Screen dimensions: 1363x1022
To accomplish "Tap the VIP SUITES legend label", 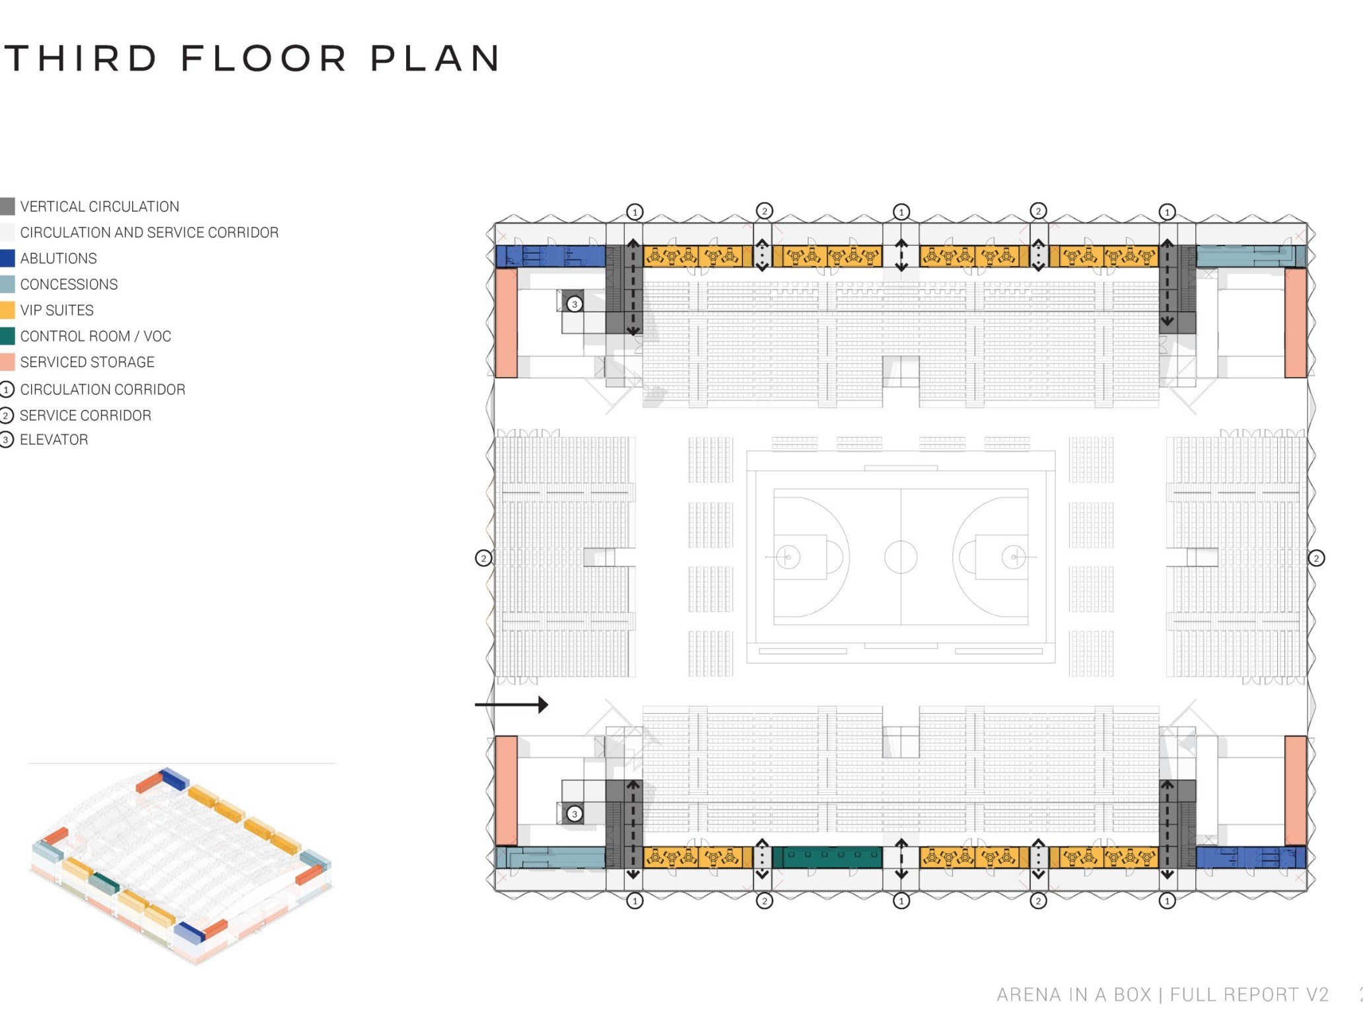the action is click(x=57, y=310).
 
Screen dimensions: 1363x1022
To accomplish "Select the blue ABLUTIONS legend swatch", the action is click(x=7, y=258).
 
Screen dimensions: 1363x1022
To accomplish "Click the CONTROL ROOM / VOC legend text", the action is click(x=96, y=336).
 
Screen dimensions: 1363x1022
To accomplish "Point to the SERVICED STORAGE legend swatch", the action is click(x=7, y=362).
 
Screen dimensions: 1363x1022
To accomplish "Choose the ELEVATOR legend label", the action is click(x=54, y=440).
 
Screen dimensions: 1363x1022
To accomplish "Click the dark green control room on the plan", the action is click(x=827, y=857).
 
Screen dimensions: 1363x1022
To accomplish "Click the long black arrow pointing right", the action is click(x=511, y=704).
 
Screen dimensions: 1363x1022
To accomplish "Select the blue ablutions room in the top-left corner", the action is click(x=550, y=256).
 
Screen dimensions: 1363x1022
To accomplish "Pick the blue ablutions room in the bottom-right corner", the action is click(x=1251, y=857).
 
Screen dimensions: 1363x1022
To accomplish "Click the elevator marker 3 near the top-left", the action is click(x=575, y=304).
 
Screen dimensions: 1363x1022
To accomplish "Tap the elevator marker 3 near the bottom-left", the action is click(x=575, y=814).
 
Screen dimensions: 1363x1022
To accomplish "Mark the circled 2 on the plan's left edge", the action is click(x=483, y=558).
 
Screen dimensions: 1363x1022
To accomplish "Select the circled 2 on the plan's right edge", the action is click(x=1316, y=558).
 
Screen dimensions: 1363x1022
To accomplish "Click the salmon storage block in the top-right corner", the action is click(x=1295, y=323).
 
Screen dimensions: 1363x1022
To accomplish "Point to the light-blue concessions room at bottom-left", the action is click(x=550, y=857).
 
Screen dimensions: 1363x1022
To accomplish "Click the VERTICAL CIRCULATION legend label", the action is click(x=100, y=207).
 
